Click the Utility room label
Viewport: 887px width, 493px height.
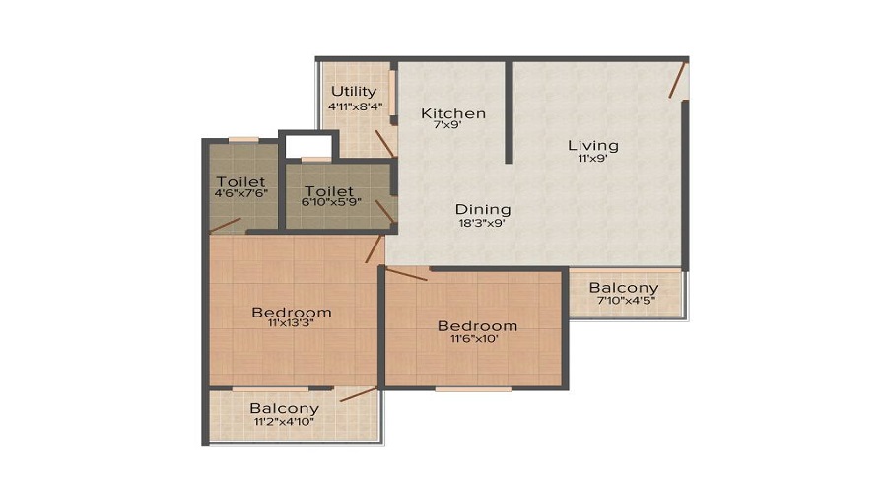(354, 92)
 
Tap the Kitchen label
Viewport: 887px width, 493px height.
(453, 113)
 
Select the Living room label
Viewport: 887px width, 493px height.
(593, 146)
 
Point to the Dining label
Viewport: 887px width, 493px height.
(483, 209)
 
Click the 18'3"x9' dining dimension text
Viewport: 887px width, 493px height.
(483, 224)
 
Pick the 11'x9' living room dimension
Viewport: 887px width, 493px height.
(593, 160)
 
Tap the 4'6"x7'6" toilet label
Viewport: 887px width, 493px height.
(241, 195)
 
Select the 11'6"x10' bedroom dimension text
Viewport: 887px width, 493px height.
(477, 340)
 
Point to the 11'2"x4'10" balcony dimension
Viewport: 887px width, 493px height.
(284, 422)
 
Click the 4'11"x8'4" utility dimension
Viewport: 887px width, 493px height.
(354, 106)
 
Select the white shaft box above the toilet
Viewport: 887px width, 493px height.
(308, 144)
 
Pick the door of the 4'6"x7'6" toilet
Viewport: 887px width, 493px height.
(226, 226)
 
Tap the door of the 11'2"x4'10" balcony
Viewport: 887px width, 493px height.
(359, 395)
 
